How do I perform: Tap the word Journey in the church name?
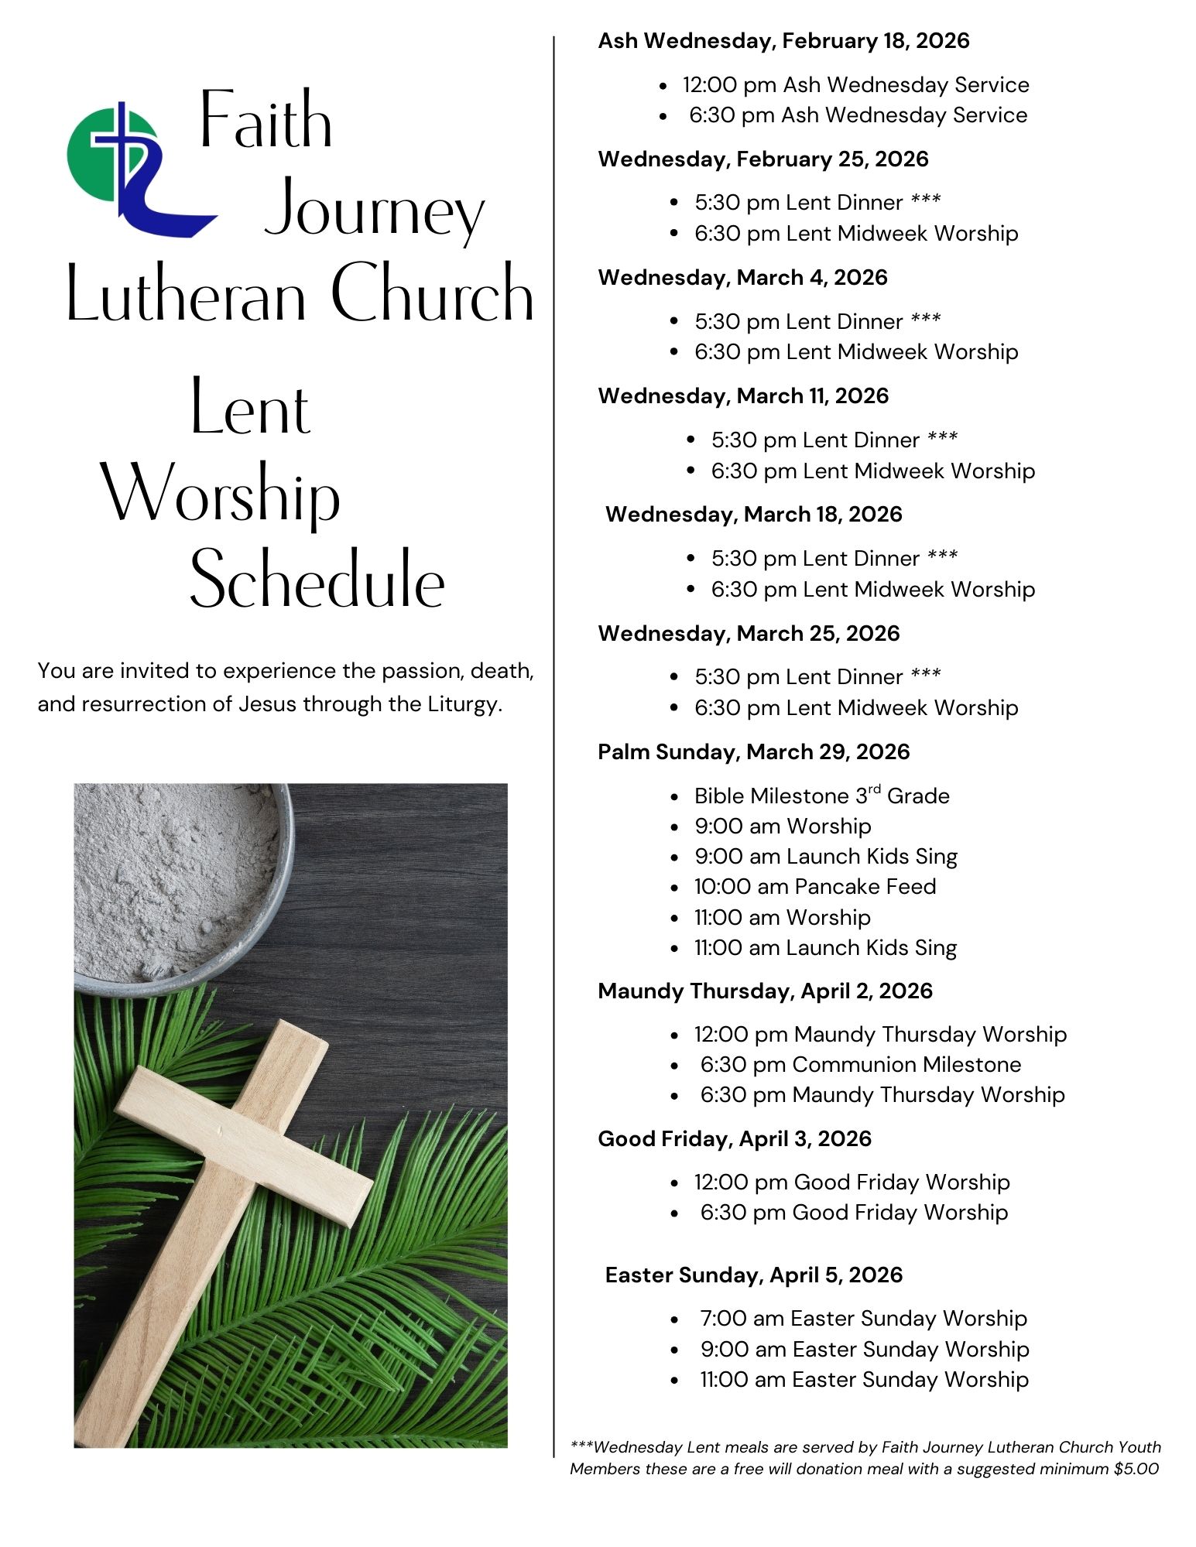coord(375,211)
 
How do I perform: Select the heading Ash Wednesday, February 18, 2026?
coord(783,41)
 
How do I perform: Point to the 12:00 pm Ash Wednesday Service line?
coord(855,85)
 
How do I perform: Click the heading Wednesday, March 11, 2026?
coord(743,396)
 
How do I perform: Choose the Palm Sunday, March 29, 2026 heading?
coord(753,752)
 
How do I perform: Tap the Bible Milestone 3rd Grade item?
coord(821,796)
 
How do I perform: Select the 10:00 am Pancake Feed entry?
coord(814,887)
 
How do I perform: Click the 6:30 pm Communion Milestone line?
coord(860,1065)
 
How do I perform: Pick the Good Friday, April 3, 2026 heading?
coord(734,1139)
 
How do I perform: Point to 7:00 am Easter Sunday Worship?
coord(863,1319)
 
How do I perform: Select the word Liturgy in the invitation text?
coord(461,704)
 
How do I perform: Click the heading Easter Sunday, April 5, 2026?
coord(753,1275)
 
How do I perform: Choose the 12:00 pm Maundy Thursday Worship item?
coord(879,1035)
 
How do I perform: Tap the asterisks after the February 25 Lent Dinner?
coord(926,201)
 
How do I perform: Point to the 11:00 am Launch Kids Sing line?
coord(825,948)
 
